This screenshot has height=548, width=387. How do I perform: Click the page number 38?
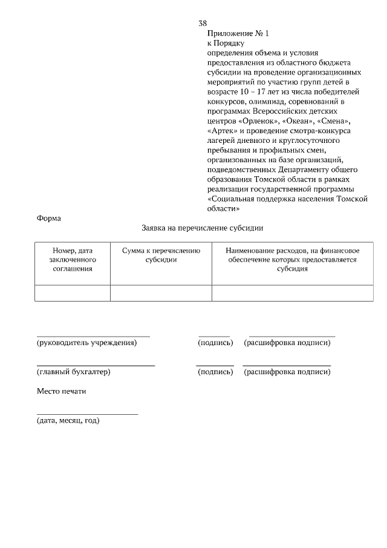click(203, 23)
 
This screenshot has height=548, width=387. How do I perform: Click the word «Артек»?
click(224, 130)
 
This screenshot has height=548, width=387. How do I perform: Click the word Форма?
click(49, 218)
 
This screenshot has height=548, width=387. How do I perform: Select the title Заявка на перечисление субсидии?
click(202, 228)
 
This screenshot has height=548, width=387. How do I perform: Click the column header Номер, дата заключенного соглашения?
click(73, 259)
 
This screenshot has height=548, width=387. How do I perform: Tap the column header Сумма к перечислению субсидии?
click(161, 255)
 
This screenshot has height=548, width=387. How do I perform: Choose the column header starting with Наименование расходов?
click(293, 259)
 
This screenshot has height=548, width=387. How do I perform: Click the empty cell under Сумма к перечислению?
click(161, 292)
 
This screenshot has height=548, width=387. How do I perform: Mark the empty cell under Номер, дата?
click(73, 292)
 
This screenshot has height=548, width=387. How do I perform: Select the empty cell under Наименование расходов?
click(293, 292)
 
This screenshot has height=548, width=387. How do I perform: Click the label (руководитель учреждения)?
click(87, 343)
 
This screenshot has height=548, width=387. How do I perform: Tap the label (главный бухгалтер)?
click(74, 372)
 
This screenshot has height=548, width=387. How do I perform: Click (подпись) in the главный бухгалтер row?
click(215, 372)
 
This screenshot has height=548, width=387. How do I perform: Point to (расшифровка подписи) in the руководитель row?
click(287, 343)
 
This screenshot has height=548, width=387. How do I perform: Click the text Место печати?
click(62, 391)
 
